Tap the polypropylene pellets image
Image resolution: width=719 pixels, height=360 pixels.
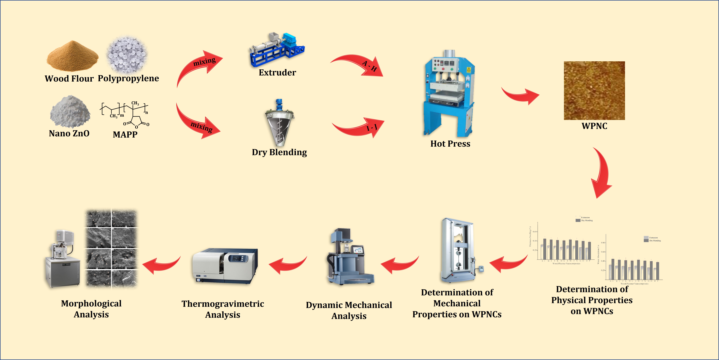pyautogui.click(x=127, y=54)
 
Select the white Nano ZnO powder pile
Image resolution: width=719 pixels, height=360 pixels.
pyautogui.click(x=70, y=112)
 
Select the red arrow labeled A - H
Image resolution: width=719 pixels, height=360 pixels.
pyautogui.click(x=360, y=66)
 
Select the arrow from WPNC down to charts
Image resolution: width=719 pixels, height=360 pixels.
pyautogui.click(x=602, y=173)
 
